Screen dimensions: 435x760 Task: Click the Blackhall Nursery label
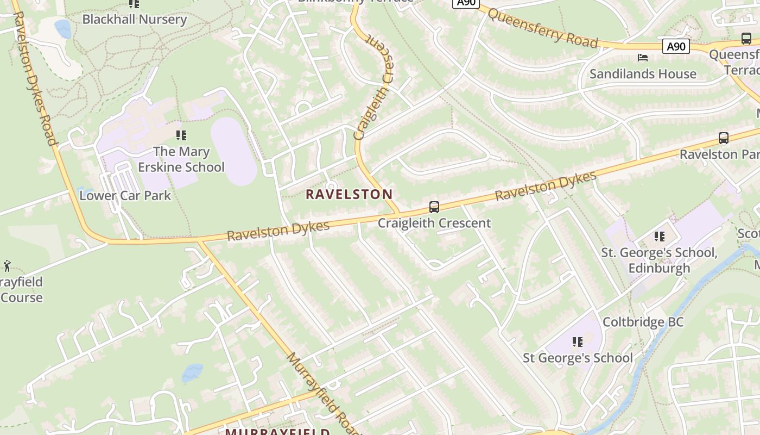pyautogui.click(x=134, y=20)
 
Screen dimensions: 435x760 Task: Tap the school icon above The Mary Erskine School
pyautogui.click(x=181, y=135)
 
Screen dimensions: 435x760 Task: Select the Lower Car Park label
pyautogui.click(x=125, y=196)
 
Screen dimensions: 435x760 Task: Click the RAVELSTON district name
pyautogui.click(x=349, y=194)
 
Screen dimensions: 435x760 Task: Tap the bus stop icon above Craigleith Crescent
pyautogui.click(x=434, y=207)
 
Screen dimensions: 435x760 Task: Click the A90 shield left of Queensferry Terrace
pyautogui.click(x=676, y=47)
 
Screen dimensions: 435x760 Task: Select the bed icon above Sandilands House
pyautogui.click(x=643, y=58)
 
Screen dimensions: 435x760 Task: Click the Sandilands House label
pyautogui.click(x=643, y=74)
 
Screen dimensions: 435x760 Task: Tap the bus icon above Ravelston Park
pyautogui.click(x=723, y=138)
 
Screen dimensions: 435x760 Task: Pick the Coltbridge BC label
pyautogui.click(x=643, y=322)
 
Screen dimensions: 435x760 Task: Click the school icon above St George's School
pyautogui.click(x=577, y=342)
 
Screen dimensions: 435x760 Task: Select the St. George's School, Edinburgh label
pyautogui.click(x=659, y=260)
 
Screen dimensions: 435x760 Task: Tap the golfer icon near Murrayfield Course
pyautogui.click(x=7, y=266)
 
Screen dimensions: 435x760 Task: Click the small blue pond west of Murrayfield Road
pyautogui.click(x=192, y=372)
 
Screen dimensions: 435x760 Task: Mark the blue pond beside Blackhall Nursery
pyautogui.click(x=63, y=29)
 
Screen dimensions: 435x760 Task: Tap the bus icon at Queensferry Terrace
pyautogui.click(x=746, y=39)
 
